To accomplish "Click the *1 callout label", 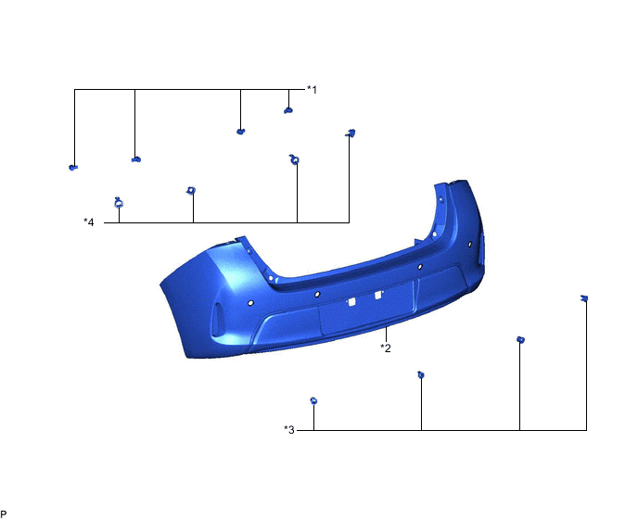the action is pos(312,89).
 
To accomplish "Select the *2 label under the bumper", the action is pos(386,348).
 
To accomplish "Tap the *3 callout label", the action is pos(289,429).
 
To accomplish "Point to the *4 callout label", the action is pos(89,222).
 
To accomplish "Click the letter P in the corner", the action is pos(4,514).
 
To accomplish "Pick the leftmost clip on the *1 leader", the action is pos(73,167).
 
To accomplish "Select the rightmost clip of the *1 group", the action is pos(288,110).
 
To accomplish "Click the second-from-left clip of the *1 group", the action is pos(136,159).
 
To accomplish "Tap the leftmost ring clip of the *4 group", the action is pos(119,202).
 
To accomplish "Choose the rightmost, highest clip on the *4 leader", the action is pos(351,133).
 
